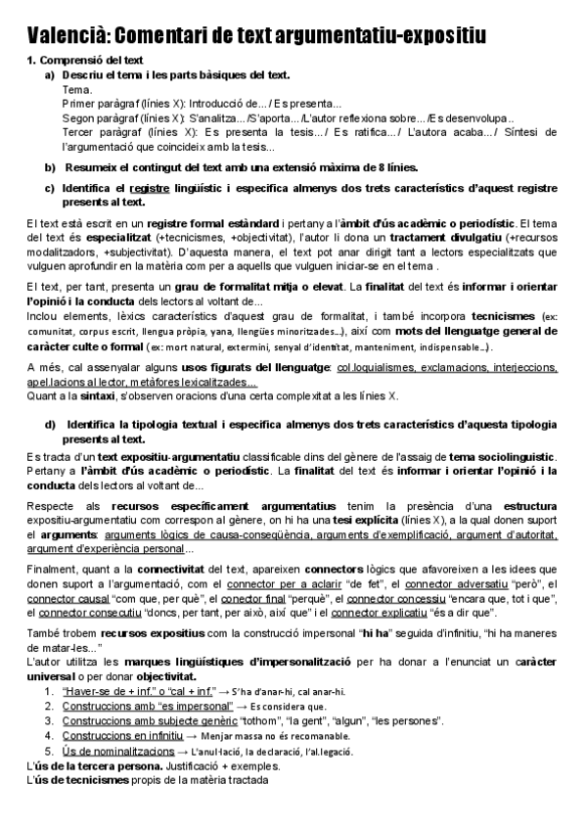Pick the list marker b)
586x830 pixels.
pyautogui.click(x=50, y=167)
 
